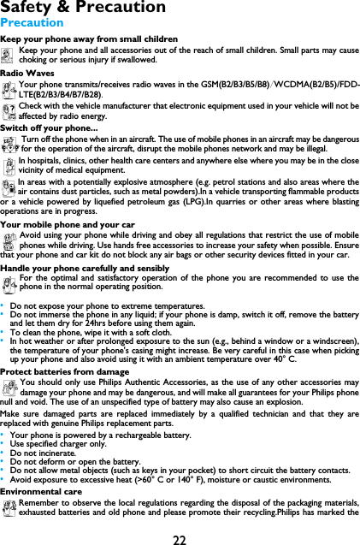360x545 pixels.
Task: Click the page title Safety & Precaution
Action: (83, 8)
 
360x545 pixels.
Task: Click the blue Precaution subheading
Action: (32, 23)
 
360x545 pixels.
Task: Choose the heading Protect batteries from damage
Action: (65, 372)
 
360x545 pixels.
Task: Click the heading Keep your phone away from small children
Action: (90, 39)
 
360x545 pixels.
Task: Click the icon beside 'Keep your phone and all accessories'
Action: (9, 56)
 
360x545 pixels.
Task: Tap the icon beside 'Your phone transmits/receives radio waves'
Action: (9, 89)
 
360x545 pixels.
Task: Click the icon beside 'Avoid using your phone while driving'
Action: (9, 240)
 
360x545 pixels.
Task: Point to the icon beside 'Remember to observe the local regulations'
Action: (9, 508)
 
